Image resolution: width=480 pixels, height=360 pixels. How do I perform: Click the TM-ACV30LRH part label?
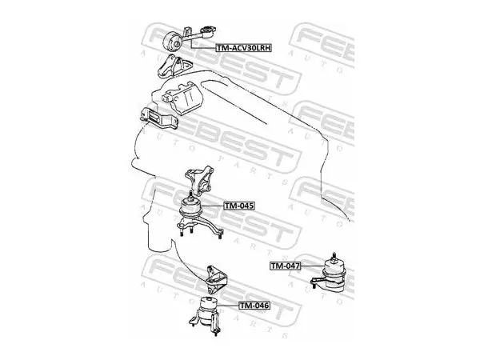pos(244,48)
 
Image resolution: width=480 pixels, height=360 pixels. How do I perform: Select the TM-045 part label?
pos(239,206)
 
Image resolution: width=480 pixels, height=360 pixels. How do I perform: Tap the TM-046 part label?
pos(254,306)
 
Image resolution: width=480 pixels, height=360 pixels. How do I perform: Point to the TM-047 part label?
pos(285,266)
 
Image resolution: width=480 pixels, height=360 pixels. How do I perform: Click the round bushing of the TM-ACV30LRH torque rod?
pos(173,42)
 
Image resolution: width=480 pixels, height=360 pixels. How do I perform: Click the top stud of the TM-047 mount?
pos(334,257)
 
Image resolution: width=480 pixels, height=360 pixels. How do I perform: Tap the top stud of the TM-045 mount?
pos(190,195)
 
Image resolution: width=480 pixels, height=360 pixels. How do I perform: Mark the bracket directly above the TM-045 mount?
pos(199,181)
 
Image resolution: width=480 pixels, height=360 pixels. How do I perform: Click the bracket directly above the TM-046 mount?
pos(217,280)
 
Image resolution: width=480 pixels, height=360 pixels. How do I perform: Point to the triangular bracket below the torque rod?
pos(174,66)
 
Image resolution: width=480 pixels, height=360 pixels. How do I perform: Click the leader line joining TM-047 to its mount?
pos(312,266)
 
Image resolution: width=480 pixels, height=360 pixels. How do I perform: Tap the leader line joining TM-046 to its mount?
pos(229,306)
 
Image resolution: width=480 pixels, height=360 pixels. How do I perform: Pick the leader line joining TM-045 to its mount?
pos(213,206)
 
